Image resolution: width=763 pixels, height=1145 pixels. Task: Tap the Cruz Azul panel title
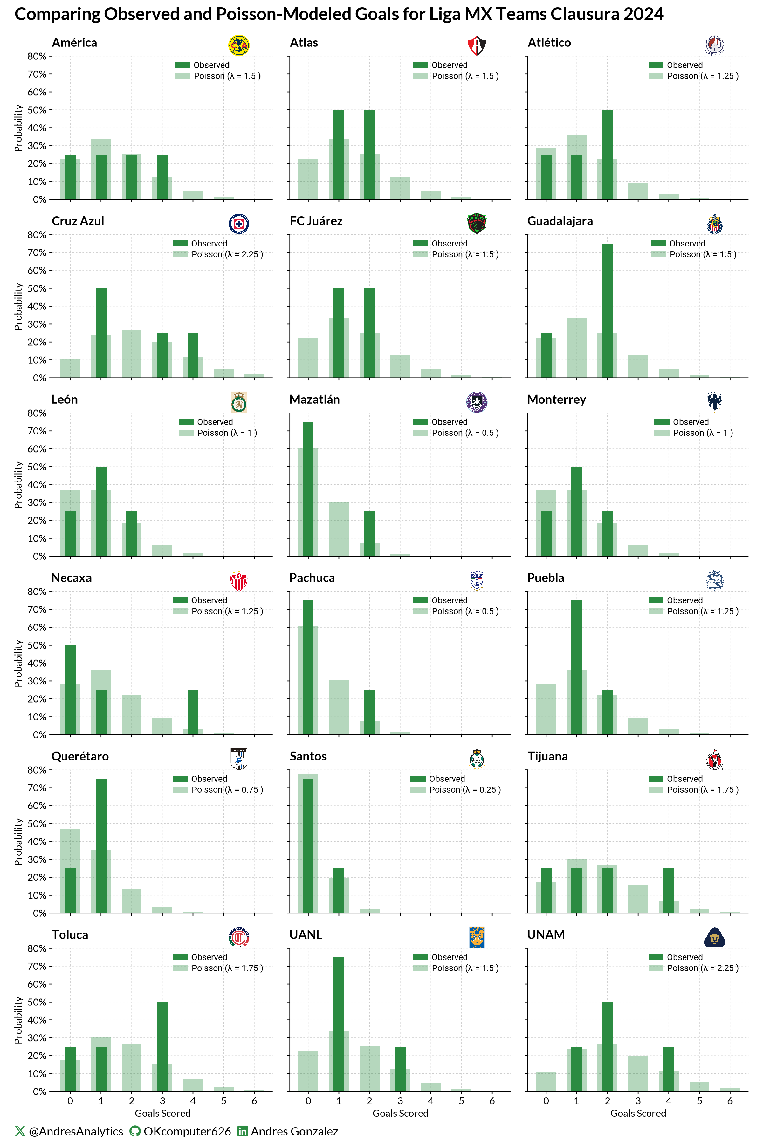point(78,221)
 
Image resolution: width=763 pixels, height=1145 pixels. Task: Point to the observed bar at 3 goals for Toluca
point(162,1047)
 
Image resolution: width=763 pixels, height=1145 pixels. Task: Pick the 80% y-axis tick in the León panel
point(37,413)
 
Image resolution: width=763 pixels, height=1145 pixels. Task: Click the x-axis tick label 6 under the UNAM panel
point(729,1101)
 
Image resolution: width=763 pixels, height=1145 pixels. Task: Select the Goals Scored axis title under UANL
point(400,1114)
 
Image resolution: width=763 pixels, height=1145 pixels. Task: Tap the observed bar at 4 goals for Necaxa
point(193,712)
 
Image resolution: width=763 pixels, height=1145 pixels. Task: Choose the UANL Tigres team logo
point(476,937)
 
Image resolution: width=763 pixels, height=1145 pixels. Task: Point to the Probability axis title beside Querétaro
point(18,841)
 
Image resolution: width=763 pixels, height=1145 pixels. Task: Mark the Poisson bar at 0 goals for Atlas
point(308,179)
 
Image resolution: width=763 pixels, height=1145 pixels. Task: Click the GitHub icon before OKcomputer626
point(135,1131)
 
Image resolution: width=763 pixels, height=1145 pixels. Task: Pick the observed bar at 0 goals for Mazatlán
point(308,489)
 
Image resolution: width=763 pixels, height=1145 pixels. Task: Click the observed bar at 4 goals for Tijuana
point(668,890)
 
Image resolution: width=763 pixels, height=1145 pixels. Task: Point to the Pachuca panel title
point(312,578)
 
